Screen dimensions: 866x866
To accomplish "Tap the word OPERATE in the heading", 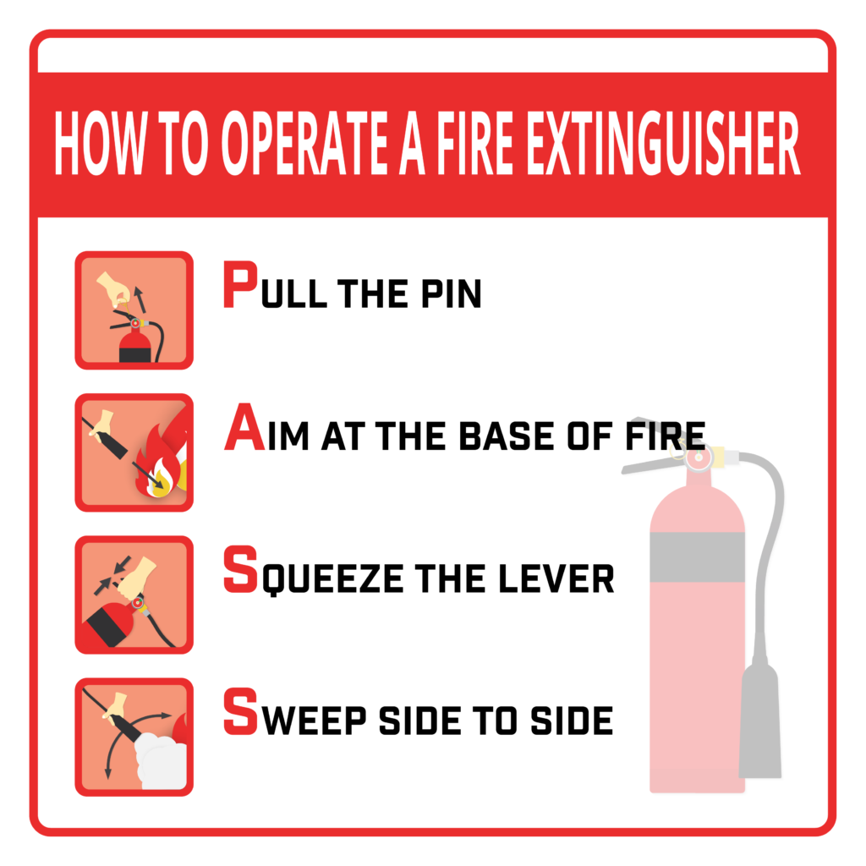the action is (304, 142).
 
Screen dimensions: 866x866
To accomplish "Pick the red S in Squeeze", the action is (241, 569).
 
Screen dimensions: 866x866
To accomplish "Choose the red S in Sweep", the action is (241, 711).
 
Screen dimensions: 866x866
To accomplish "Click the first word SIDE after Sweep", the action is (419, 721).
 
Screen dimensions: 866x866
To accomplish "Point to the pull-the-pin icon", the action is (134, 310).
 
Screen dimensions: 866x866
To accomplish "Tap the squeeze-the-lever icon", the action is (134, 595).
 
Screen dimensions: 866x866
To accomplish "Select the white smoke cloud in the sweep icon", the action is (162, 760).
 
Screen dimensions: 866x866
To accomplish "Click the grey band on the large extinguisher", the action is (697, 556).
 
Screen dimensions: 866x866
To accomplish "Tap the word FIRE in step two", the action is (666, 436).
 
